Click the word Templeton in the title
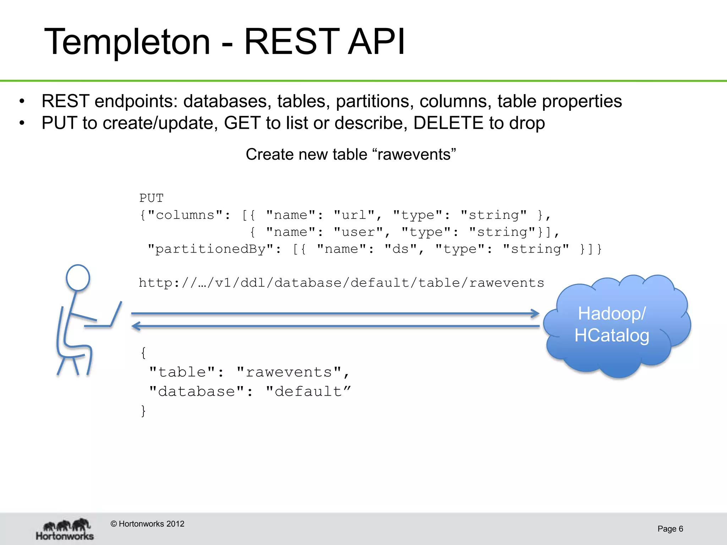127,42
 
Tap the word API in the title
376,42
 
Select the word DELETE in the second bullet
448,123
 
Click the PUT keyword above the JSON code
151,198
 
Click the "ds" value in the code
401,249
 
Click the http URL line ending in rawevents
341,283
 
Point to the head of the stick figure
78,277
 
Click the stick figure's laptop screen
116,314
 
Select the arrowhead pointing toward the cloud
535,313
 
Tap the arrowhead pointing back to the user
136,326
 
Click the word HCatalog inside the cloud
612,335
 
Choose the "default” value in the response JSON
308,391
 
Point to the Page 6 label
670,529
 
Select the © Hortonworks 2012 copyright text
147,524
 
